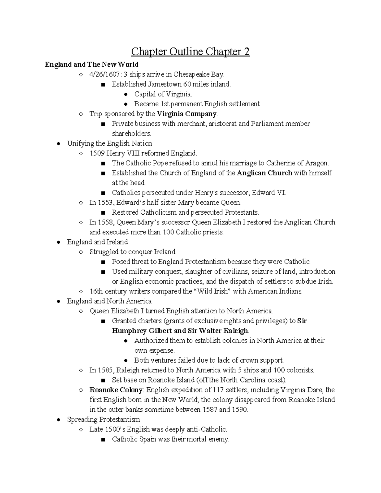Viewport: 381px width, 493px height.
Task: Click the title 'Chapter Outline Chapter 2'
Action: (190, 51)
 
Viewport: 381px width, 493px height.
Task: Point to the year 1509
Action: (97, 153)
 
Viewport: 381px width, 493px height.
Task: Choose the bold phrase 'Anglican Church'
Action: (264, 173)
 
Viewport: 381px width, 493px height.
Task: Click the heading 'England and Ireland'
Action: (97, 242)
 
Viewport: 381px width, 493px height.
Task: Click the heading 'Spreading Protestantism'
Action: (103, 419)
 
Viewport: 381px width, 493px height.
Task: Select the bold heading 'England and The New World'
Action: (91, 65)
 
